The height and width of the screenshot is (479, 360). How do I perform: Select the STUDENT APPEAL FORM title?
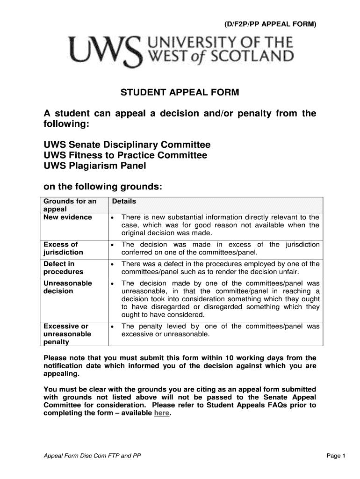(x=180, y=93)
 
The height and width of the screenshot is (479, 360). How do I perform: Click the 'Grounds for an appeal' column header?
(x=70, y=205)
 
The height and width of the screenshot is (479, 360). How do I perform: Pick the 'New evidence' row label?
(x=67, y=218)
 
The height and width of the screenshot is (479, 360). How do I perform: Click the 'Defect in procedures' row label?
(x=63, y=268)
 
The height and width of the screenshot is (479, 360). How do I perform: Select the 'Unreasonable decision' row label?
(x=67, y=287)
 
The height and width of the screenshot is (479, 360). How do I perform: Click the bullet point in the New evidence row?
(x=113, y=218)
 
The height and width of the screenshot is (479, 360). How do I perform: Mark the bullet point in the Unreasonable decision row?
(x=113, y=284)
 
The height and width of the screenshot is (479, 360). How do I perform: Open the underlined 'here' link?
(x=161, y=414)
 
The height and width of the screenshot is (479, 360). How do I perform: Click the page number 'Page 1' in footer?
(x=336, y=456)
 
